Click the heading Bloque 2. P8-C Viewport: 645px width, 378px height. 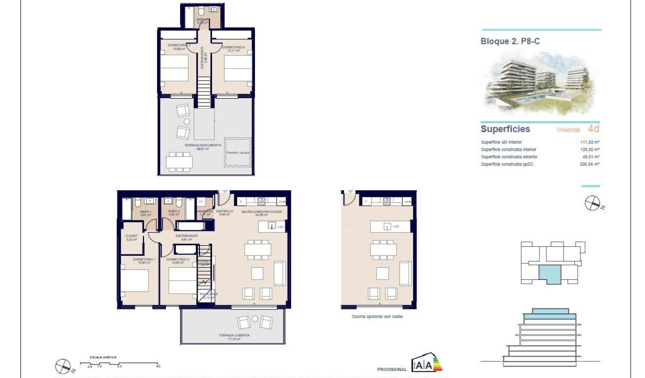tap(510, 42)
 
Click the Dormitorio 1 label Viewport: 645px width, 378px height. tap(144, 260)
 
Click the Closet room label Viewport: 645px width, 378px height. tap(131, 237)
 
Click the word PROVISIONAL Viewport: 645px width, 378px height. tap(392, 369)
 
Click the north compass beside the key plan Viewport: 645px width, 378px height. tap(592, 203)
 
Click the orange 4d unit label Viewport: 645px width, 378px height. tap(593, 129)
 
